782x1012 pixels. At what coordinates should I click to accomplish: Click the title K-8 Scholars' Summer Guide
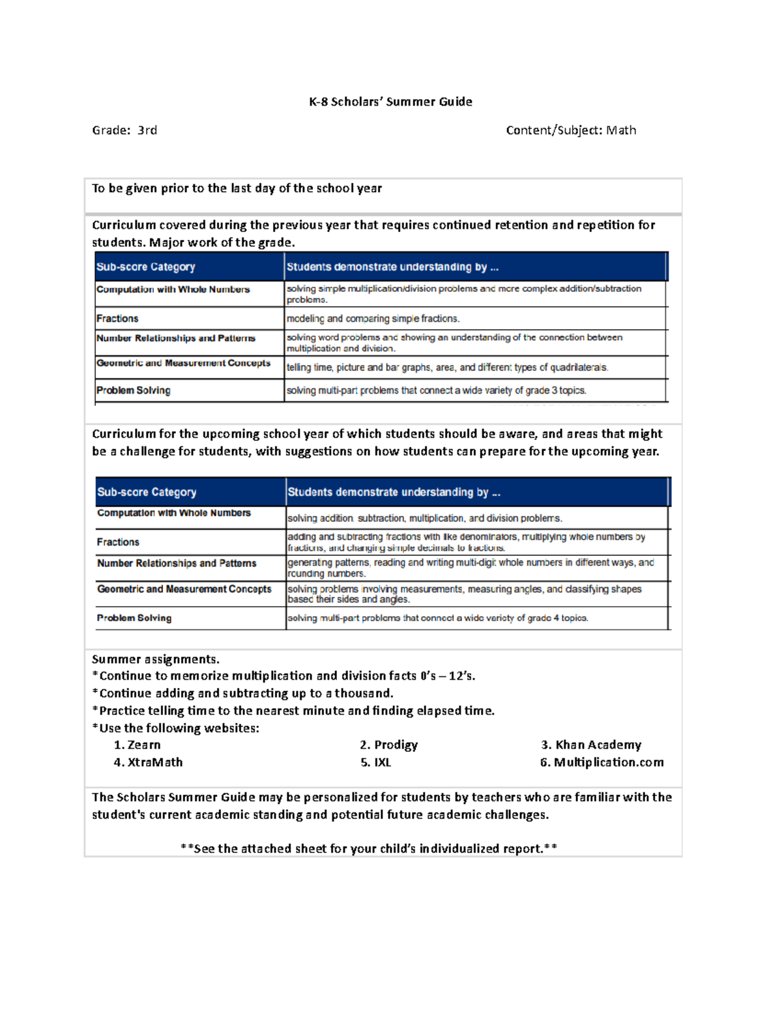pyautogui.click(x=390, y=102)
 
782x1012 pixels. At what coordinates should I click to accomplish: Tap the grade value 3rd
pyautogui.click(x=147, y=130)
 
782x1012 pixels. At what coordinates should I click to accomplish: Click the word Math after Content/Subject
pyautogui.click(x=621, y=130)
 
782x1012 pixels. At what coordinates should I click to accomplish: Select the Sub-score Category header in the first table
pyautogui.click(x=146, y=267)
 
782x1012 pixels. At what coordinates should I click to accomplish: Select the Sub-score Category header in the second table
pyautogui.click(x=147, y=493)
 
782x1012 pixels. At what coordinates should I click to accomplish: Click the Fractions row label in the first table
pyautogui.click(x=117, y=319)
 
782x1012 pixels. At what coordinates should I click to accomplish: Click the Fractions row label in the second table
pyautogui.click(x=118, y=542)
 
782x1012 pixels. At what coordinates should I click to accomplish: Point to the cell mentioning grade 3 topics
pyautogui.click(x=437, y=391)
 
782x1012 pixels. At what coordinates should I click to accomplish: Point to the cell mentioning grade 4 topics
pyautogui.click(x=438, y=618)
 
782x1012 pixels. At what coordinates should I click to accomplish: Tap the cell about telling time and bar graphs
pyautogui.click(x=447, y=368)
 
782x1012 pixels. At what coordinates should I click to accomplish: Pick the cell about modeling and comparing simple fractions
pyautogui.click(x=373, y=319)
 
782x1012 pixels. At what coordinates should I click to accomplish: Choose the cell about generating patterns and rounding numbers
pyautogui.click(x=471, y=568)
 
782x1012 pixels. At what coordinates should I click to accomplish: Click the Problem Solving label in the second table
pyautogui.click(x=134, y=618)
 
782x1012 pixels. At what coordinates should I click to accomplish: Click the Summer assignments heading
pyautogui.click(x=156, y=659)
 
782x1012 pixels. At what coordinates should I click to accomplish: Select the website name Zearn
pyautogui.click(x=143, y=745)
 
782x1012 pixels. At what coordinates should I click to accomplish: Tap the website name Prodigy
pyautogui.click(x=396, y=745)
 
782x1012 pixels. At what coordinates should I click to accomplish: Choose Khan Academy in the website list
pyautogui.click(x=598, y=745)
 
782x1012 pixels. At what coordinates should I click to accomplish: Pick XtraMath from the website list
pyautogui.click(x=154, y=762)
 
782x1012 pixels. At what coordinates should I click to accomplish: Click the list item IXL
pyautogui.click(x=383, y=762)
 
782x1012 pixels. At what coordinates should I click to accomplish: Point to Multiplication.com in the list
pyautogui.click(x=608, y=762)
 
